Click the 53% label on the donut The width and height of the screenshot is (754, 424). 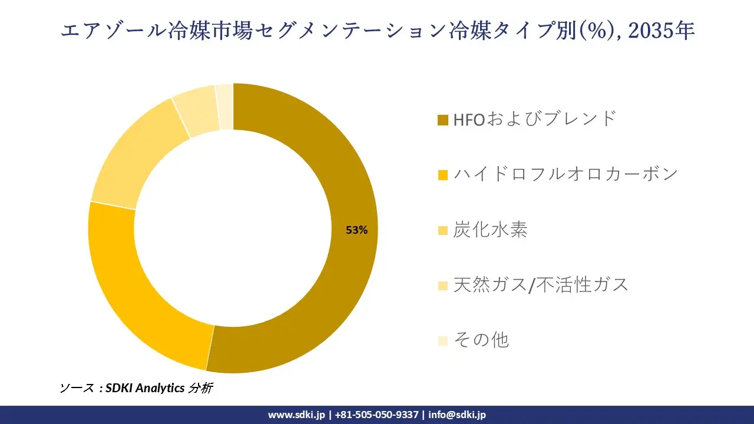coord(356,230)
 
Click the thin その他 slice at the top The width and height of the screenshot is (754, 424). coord(225,106)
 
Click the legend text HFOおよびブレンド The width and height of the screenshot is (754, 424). coord(534,119)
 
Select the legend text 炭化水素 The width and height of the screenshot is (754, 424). coord(490,230)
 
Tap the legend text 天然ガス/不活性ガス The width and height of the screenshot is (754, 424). coord(541,285)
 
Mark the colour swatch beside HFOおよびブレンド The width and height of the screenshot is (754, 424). coord(443,120)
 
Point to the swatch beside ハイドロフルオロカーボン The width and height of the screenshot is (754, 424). coord(443,175)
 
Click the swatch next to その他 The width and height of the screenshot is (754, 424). coord(443,340)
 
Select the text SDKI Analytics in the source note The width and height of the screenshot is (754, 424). coord(144,388)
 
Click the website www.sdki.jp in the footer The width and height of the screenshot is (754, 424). coord(296,415)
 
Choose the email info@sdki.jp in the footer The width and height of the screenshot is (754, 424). coord(457,415)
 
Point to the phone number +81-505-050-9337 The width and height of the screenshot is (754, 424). coord(376,415)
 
